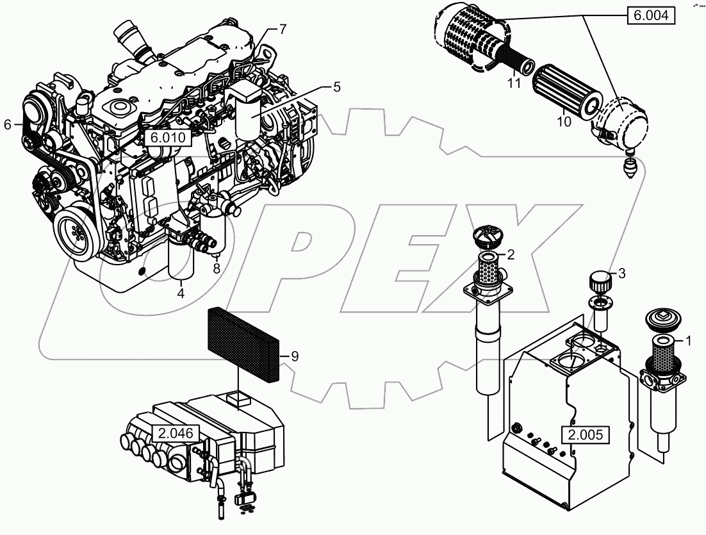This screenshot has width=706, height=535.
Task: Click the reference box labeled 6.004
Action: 651,15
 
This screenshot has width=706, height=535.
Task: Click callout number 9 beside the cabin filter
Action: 294,357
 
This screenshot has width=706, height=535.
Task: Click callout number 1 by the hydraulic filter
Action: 688,342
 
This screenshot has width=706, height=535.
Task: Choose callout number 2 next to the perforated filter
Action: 511,254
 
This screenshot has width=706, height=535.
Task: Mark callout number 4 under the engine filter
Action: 181,293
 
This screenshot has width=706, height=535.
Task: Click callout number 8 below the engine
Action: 217,269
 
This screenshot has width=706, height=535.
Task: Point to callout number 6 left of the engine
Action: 8,125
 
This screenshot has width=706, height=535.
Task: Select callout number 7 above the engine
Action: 283,29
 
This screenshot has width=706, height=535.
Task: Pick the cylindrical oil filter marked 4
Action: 179,263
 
